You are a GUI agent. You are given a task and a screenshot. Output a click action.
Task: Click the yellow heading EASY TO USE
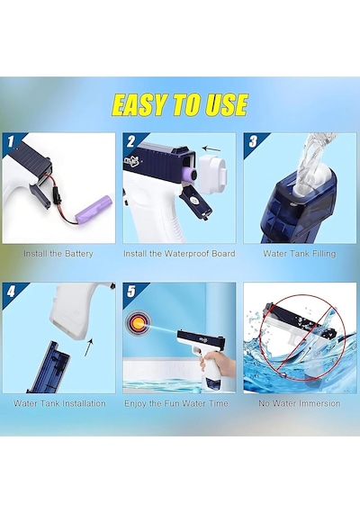[x=180, y=104]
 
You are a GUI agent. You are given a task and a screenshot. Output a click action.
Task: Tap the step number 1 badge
[x=11, y=141]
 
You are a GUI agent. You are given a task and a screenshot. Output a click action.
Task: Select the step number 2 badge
[x=130, y=141]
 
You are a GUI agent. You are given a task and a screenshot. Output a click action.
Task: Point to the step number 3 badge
[x=253, y=141]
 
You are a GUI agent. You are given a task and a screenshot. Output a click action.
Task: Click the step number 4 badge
[x=11, y=292]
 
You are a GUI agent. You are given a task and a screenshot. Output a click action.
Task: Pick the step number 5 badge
[x=130, y=292]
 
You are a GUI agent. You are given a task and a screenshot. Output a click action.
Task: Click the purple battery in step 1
[x=94, y=209]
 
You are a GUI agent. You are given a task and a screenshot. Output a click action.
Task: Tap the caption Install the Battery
[x=58, y=254]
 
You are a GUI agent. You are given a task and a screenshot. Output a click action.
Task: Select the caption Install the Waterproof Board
[x=179, y=254]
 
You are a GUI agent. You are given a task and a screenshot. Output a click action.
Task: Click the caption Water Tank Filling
[x=300, y=254]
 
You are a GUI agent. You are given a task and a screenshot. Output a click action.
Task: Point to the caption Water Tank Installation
[x=59, y=403]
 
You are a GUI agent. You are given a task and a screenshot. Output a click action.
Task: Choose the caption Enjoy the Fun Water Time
[x=176, y=403]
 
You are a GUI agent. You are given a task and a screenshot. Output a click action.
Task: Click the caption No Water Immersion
[x=300, y=403]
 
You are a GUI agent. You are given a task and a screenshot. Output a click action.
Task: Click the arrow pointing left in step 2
[x=211, y=148]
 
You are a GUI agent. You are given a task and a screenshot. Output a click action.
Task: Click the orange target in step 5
[x=137, y=323]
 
